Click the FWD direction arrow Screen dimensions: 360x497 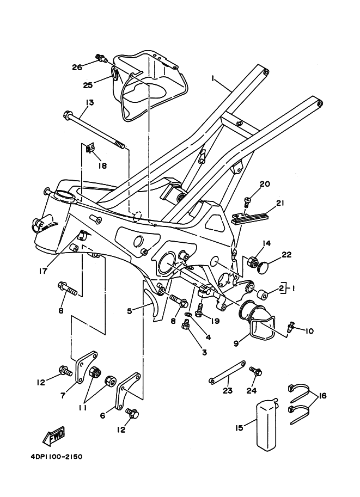tap(54, 434)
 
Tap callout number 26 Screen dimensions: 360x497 tap(77, 68)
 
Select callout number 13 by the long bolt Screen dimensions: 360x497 tap(89, 102)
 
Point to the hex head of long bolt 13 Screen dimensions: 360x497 tap(67, 114)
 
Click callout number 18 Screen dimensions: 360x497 tap(102, 165)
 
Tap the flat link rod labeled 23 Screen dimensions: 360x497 tap(227, 371)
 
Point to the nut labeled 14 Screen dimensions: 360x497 tap(252, 261)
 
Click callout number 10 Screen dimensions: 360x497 tap(309, 331)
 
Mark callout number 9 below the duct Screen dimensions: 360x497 tap(236, 343)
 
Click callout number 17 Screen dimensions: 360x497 tap(43, 271)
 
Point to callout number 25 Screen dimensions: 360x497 tap(88, 85)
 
